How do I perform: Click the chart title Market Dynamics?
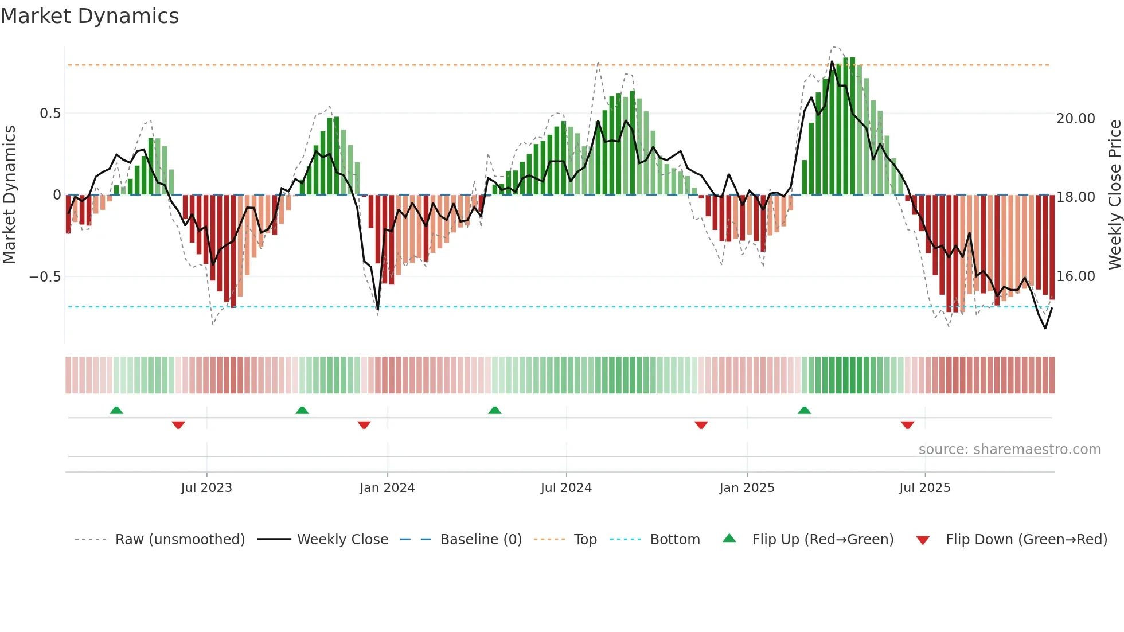(x=89, y=16)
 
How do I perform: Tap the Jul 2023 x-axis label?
(x=206, y=488)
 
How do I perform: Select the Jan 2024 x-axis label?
(x=387, y=488)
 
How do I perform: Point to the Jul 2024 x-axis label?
(x=566, y=488)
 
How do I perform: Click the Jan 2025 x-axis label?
(x=747, y=488)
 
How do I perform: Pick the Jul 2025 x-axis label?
(x=924, y=488)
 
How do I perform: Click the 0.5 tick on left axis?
(x=50, y=114)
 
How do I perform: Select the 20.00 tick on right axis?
(x=1076, y=119)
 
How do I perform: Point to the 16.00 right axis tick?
(x=1076, y=276)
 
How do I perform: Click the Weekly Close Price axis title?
(x=1114, y=195)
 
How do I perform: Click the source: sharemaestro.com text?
(x=1009, y=450)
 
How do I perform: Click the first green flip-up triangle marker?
(x=116, y=410)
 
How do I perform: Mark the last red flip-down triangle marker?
(x=907, y=425)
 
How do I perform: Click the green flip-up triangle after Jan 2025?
(x=804, y=410)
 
